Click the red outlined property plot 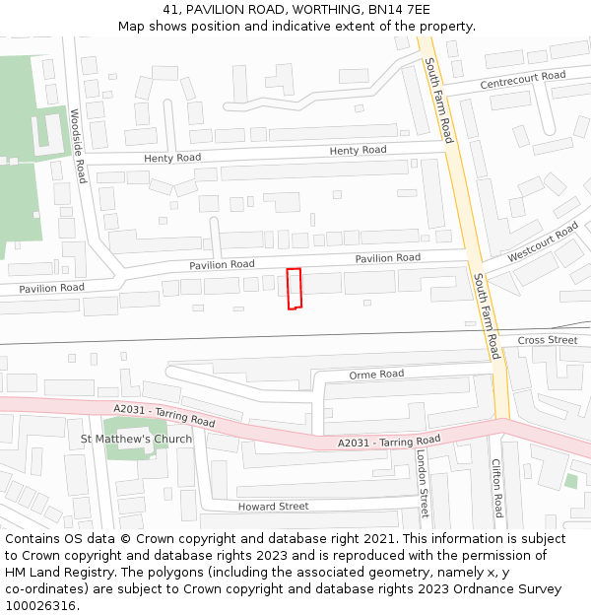[x=294, y=289]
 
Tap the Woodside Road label [x=78, y=146]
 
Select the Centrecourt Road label [x=522, y=80]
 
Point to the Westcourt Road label [x=543, y=242]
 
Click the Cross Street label [x=548, y=340]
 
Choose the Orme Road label [x=376, y=375]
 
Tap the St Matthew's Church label [x=136, y=439]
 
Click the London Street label [x=422, y=484]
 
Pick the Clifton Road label [x=497, y=491]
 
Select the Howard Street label [x=273, y=507]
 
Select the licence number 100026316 [x=39, y=605]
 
